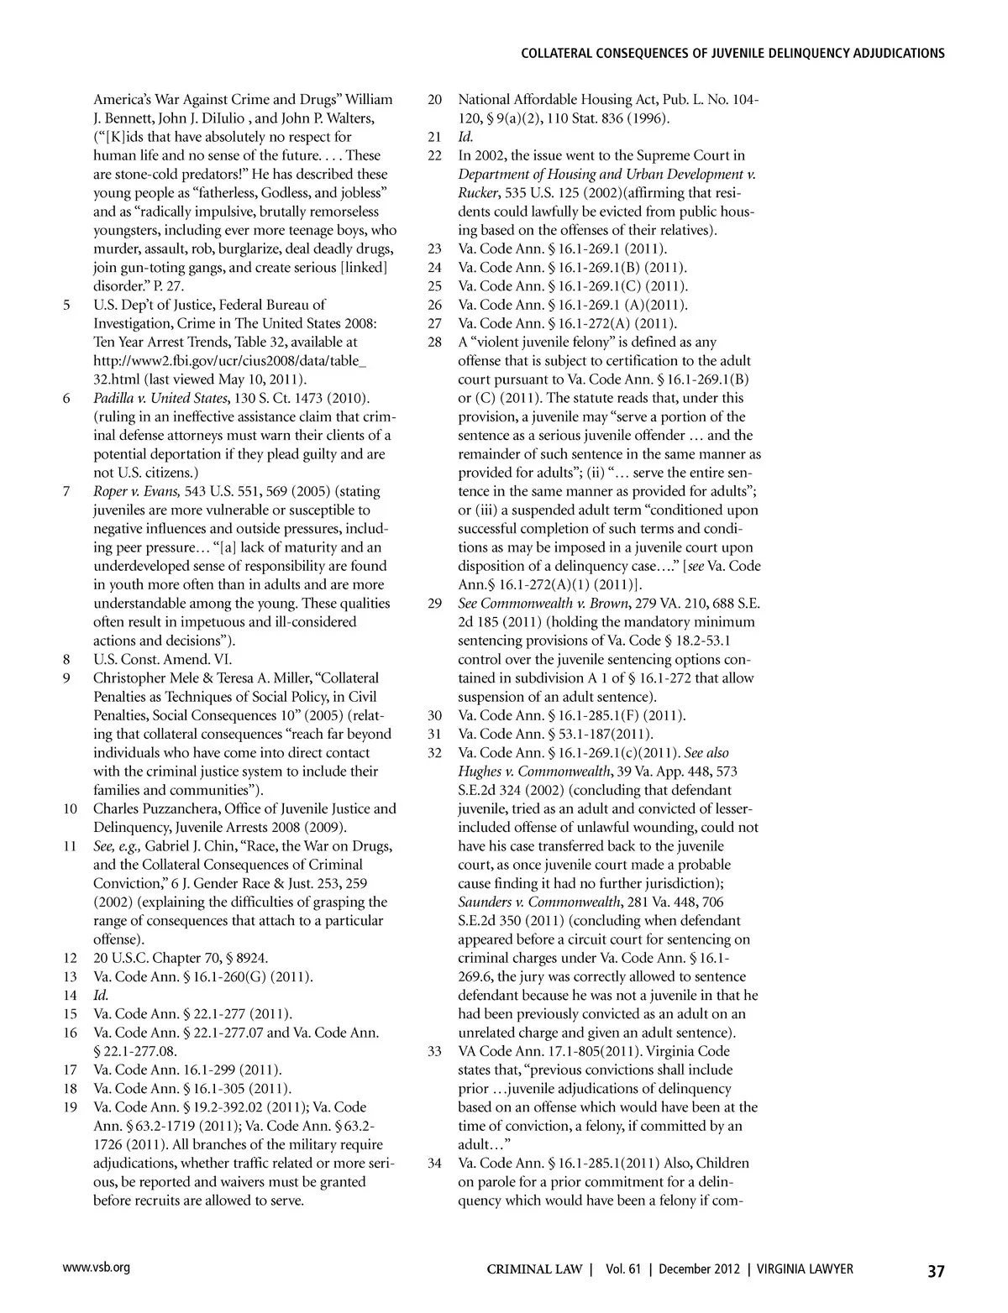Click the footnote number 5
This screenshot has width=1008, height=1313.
tap(66, 305)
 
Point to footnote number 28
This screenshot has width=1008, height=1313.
tap(434, 343)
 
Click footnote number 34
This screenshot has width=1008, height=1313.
tap(434, 1164)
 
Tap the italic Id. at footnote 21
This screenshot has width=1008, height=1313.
tap(465, 137)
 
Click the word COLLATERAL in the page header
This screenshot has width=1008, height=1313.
tap(562, 54)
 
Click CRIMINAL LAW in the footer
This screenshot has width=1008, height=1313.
tap(535, 1269)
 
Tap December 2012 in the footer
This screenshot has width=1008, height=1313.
tap(697, 1269)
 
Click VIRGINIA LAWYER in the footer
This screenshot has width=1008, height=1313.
tap(805, 1269)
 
